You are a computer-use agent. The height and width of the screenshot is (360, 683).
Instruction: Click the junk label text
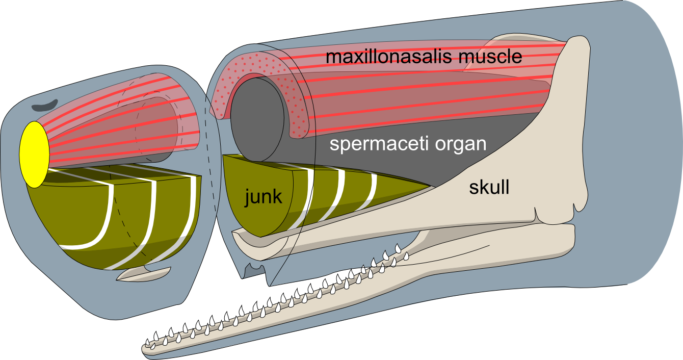262,196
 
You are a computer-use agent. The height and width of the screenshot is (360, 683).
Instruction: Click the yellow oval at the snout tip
34,154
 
